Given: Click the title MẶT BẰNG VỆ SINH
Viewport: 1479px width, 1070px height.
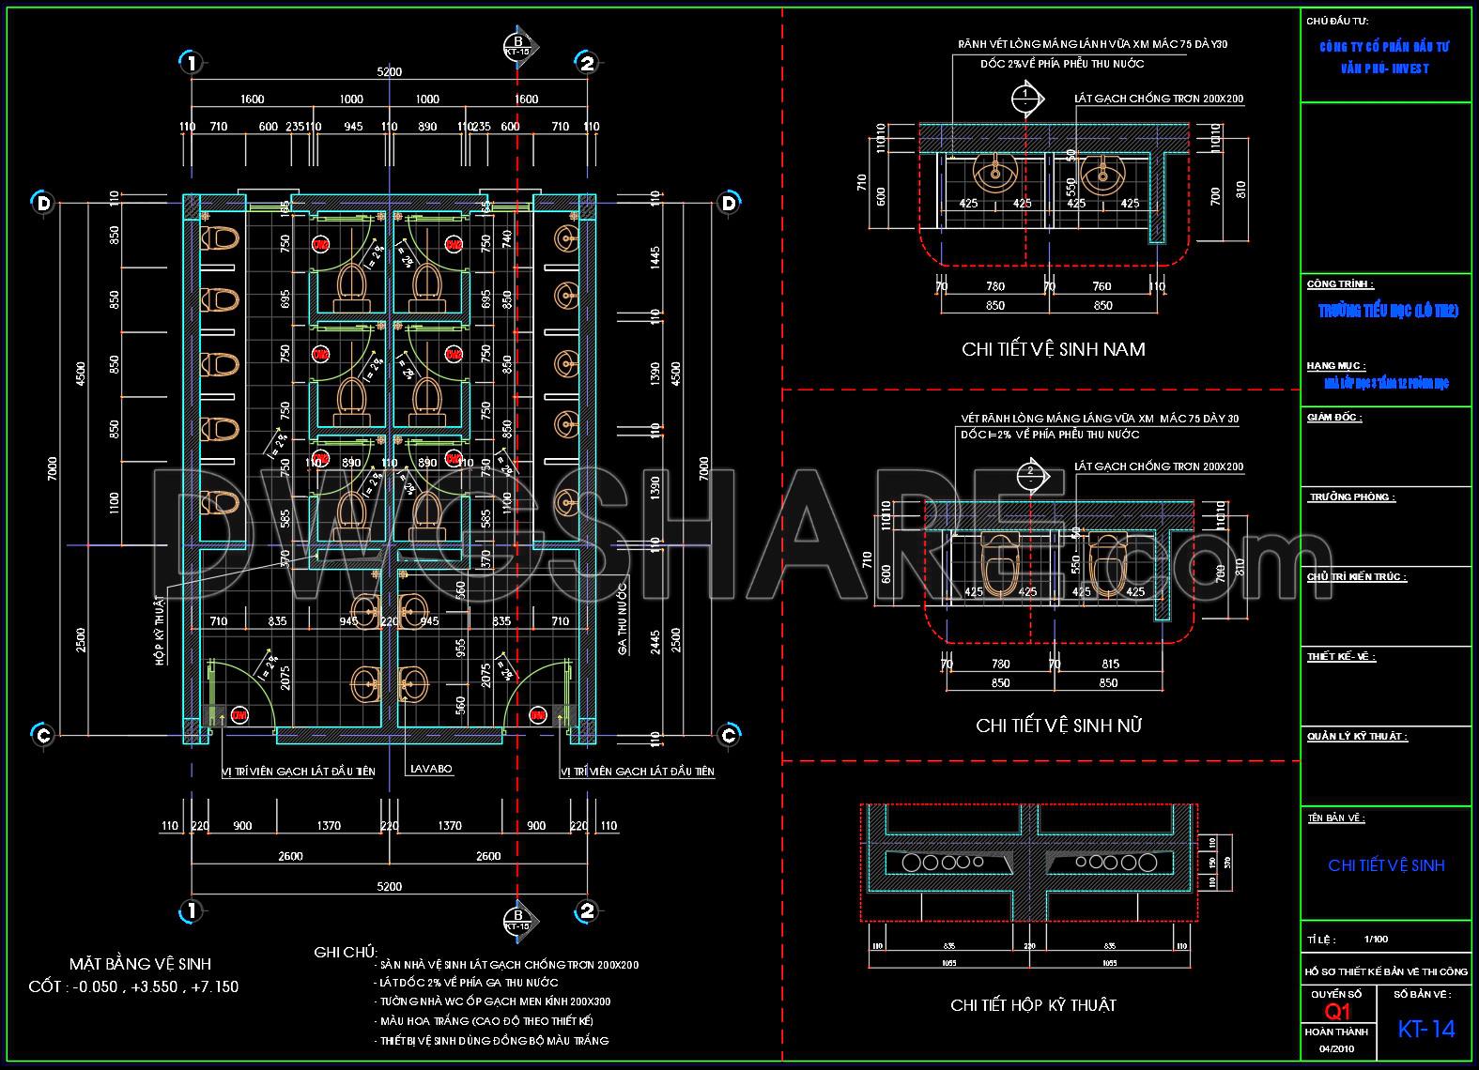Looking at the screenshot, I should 140,964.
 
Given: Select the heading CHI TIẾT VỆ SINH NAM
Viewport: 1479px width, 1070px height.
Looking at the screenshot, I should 1054,349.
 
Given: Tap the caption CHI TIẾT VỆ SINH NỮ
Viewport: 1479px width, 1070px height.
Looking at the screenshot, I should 1058,726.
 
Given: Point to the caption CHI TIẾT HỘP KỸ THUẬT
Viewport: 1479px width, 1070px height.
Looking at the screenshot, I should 1033,1005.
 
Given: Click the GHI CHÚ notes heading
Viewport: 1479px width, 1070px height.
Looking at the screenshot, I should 345,953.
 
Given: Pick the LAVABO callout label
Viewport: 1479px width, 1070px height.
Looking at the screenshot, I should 431,769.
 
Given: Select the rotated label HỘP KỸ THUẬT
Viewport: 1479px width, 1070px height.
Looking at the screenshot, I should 159,629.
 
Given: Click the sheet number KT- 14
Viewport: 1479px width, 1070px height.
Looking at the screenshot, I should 1425,1029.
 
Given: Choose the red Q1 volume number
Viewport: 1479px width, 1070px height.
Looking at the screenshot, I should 1337,1012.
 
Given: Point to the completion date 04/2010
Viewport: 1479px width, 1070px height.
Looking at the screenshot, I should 1337,1048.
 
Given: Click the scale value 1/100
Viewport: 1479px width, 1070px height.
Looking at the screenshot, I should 1376,939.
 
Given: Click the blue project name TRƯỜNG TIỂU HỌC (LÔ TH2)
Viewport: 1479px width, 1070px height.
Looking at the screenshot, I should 1387,312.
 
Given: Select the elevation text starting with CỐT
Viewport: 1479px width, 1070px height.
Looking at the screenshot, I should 133,986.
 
